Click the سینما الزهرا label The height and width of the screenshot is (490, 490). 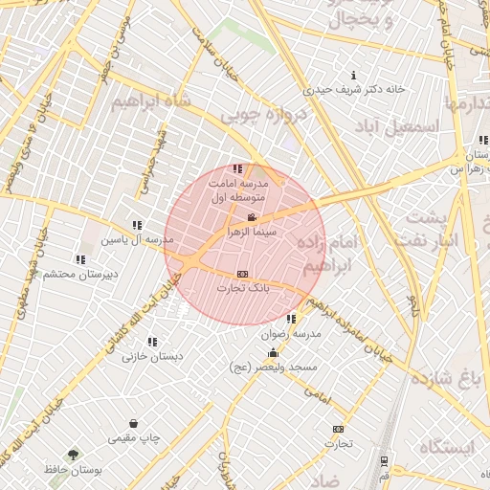pyautogui.click(x=253, y=232)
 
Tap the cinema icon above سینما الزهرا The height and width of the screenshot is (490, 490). pyautogui.click(x=252, y=218)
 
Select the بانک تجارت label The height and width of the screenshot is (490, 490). pyautogui.click(x=242, y=287)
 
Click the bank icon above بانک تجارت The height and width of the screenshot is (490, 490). pyautogui.click(x=242, y=274)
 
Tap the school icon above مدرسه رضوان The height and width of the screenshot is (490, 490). pyautogui.click(x=291, y=319)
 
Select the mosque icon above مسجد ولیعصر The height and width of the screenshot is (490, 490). pyautogui.click(x=274, y=353)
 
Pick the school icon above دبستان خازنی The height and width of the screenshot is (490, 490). pyautogui.click(x=154, y=341)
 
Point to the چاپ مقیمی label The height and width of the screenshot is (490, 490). pyautogui.click(x=132, y=437)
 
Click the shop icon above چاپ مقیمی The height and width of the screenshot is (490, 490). pyautogui.click(x=132, y=423)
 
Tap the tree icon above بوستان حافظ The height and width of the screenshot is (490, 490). pyautogui.click(x=74, y=454)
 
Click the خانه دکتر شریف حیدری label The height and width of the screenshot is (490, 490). pyautogui.click(x=355, y=90)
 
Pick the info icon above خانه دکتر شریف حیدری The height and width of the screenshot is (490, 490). pyautogui.click(x=355, y=76)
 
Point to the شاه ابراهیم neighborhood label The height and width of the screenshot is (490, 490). pyautogui.click(x=152, y=101)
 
